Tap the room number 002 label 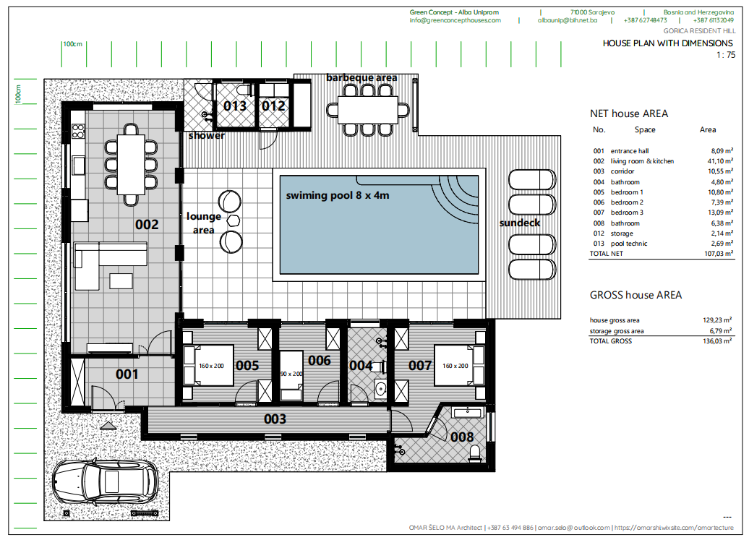point(147,225)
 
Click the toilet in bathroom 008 point(475,452)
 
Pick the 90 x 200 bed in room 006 point(292,374)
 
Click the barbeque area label point(361,77)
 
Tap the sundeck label point(519,223)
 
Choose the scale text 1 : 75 point(725,55)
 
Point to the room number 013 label point(234,106)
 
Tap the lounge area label point(203,223)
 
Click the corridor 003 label point(275,419)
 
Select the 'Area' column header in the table point(708,130)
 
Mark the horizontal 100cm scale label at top point(72,44)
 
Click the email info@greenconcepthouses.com point(455,21)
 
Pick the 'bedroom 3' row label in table point(627,213)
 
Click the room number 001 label point(127,374)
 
